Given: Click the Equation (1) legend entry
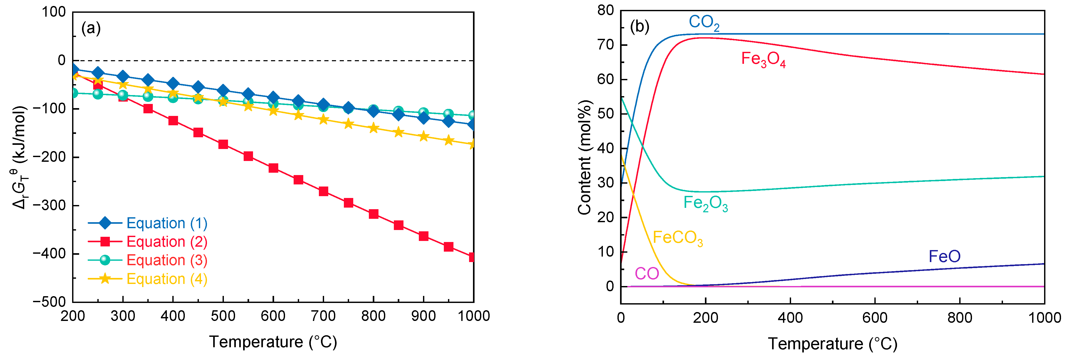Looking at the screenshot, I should tap(167, 223).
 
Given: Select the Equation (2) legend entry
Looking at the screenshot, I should tap(167, 241).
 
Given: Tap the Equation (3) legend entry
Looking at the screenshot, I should tap(167, 260).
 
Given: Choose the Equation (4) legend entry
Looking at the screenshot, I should tap(167, 279).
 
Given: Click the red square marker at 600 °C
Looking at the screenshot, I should tap(273, 168).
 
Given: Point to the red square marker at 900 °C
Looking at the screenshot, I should tap(423, 236).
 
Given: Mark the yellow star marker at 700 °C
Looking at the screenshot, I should tap(324, 120).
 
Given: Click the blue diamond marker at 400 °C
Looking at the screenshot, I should tap(173, 84).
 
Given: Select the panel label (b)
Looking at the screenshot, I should tap(639, 27).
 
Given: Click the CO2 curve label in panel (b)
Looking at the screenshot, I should tap(704, 23).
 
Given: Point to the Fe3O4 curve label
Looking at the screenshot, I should tap(763, 60).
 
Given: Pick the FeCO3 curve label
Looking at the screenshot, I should tap(678, 238).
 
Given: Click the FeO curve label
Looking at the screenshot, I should tap(944, 256).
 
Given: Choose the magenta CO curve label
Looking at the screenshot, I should tap(647, 274).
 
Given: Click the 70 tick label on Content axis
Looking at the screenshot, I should tap(605, 45).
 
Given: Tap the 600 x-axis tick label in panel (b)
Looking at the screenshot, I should tap(875, 318).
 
